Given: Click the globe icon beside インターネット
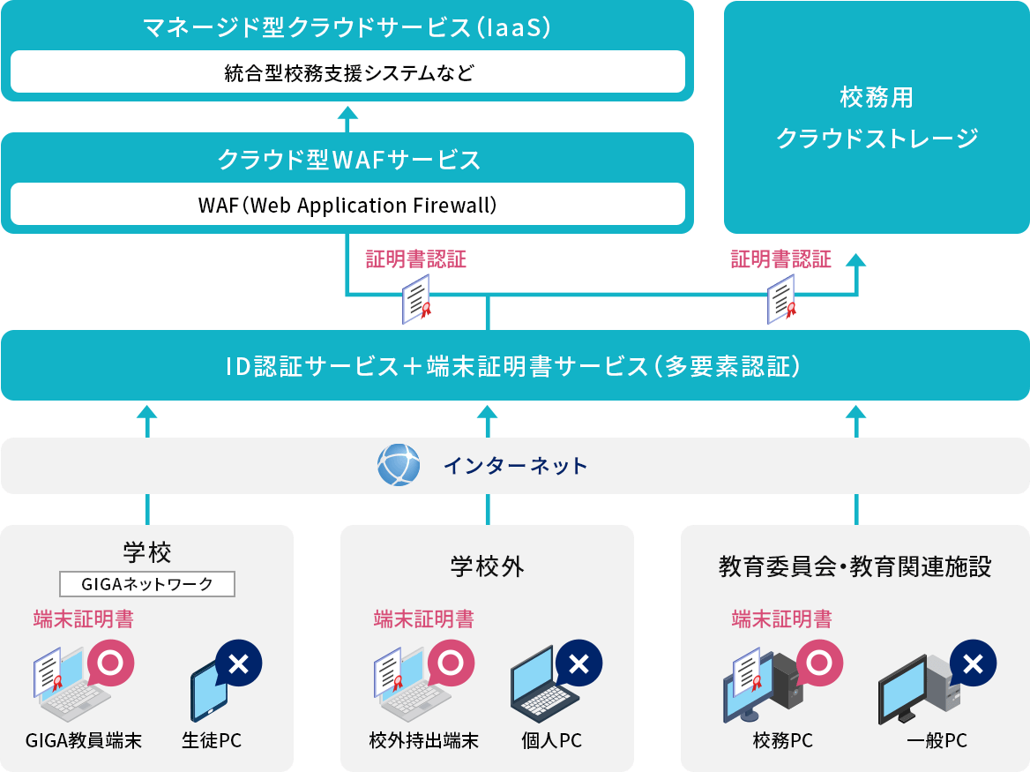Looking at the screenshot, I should pos(399,465).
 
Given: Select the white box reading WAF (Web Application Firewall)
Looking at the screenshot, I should pos(347,205).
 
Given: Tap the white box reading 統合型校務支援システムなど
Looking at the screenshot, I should pos(347,72).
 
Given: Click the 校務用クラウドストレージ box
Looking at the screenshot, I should pos(877,116).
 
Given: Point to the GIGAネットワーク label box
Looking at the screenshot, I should pos(147,584).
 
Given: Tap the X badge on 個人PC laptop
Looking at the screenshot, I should pos(578,663).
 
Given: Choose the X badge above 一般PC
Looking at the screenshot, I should pos(973,663).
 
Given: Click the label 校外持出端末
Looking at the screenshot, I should pos(423,740).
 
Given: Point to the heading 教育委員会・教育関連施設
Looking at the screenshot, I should pos(855,566).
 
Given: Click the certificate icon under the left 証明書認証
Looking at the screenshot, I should pos(415,299).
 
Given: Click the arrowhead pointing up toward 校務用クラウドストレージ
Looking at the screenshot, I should pos(855,259).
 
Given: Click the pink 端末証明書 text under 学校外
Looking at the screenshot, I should pos(423,619).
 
